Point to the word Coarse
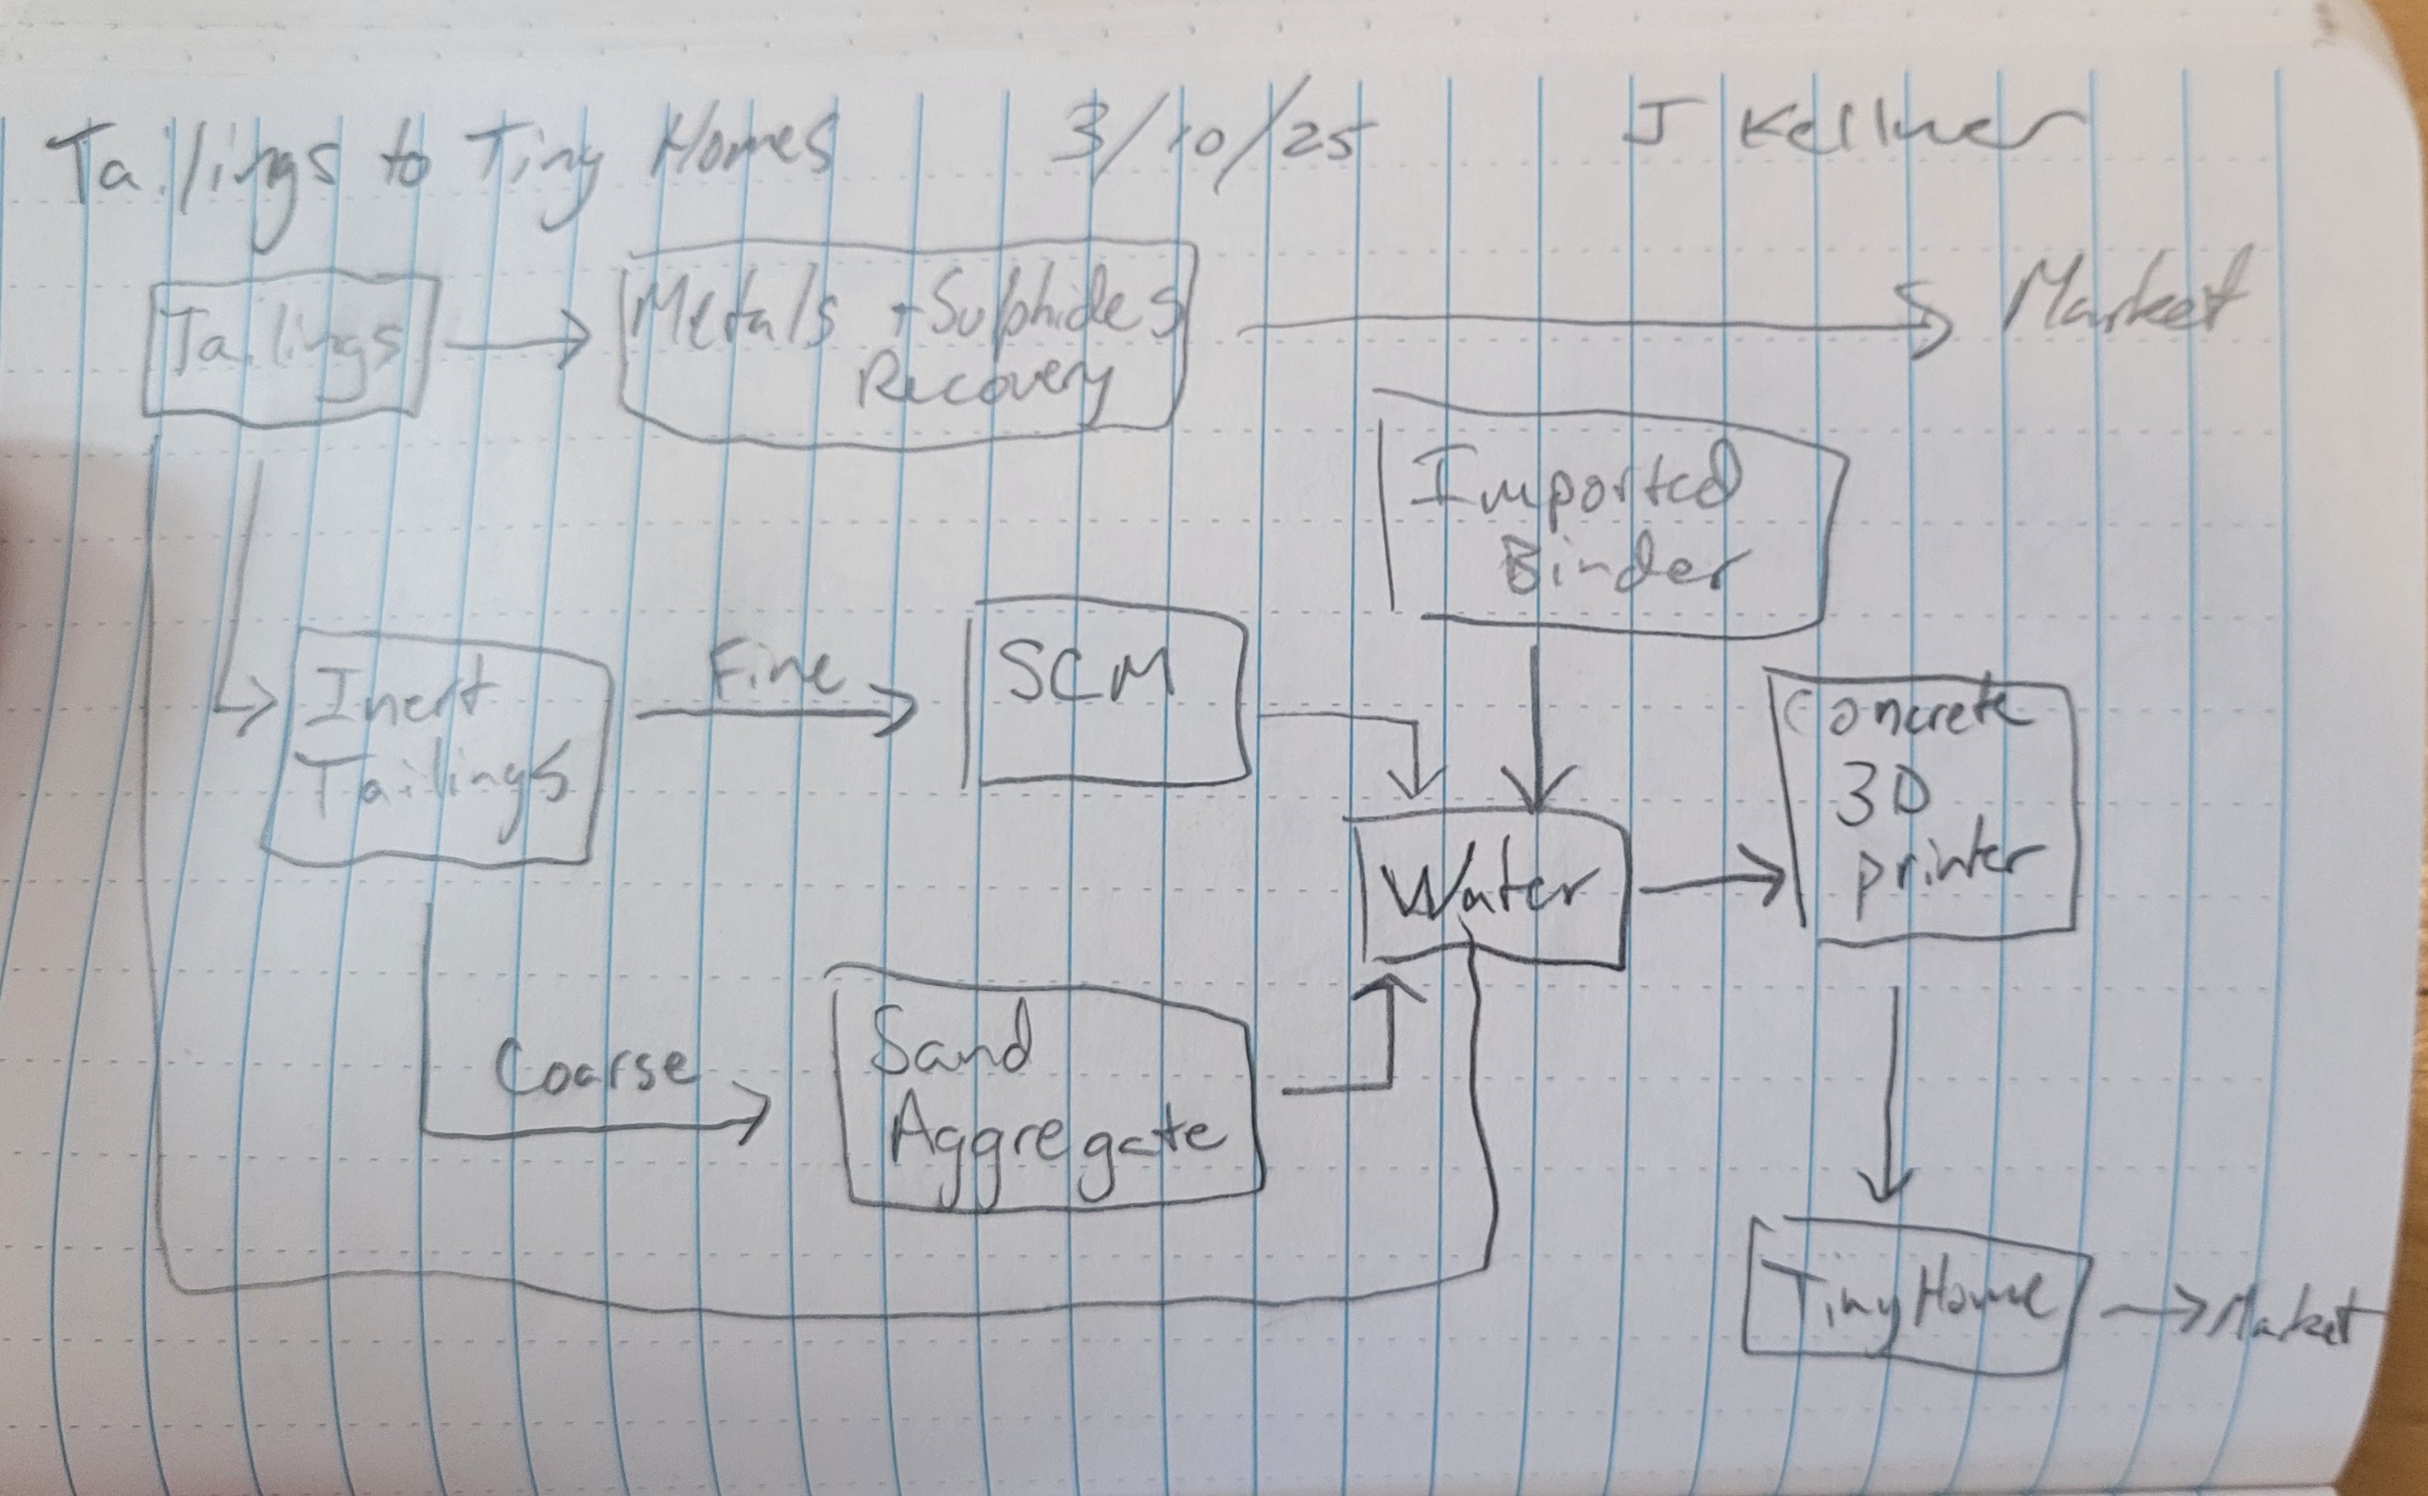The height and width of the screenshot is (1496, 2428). point(590,1069)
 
